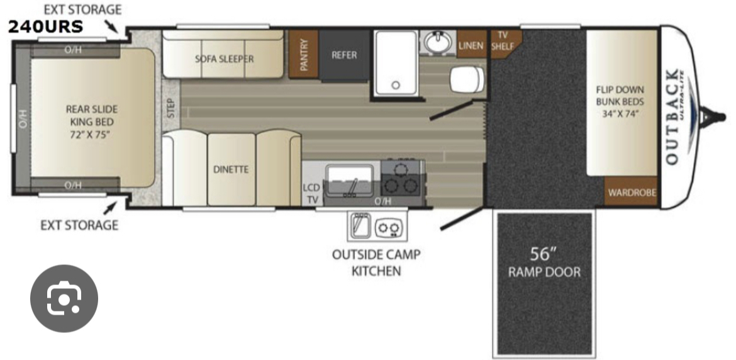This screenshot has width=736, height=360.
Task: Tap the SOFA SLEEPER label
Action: (x=225, y=59)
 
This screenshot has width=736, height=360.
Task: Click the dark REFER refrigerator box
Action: (x=344, y=55)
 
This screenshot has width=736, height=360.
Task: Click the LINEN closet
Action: (x=471, y=45)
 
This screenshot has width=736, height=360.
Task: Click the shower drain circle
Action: (x=396, y=85)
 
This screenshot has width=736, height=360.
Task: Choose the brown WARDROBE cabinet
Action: (x=631, y=192)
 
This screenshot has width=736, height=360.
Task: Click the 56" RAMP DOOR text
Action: (x=545, y=263)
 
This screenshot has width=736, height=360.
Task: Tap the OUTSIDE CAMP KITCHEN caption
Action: (x=376, y=262)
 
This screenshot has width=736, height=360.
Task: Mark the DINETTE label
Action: (x=231, y=169)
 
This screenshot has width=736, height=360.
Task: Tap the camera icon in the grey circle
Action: (x=64, y=299)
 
